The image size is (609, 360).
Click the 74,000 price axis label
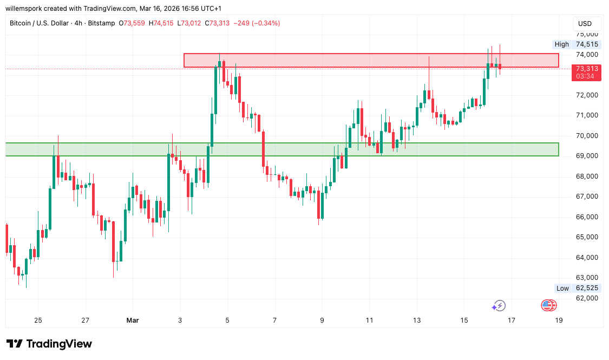[x=587, y=55]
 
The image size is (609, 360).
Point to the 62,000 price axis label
[x=587, y=298]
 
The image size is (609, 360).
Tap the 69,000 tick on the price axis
[x=587, y=156]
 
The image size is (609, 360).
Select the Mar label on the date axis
[x=133, y=320]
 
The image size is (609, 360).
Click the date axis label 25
[x=38, y=320]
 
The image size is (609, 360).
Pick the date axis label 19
[x=559, y=320]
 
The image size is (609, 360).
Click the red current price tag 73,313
[x=587, y=69]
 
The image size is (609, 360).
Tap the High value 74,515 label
[x=587, y=44]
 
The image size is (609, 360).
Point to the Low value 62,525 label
[x=587, y=288]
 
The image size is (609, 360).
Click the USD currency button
[x=585, y=24]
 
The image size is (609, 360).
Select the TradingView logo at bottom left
[x=49, y=344]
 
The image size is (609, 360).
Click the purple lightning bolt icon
[x=498, y=306]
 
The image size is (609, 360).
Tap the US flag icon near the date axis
[x=548, y=306]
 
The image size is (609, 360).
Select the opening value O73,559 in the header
[x=135, y=23]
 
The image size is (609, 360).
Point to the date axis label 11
[x=369, y=320]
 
